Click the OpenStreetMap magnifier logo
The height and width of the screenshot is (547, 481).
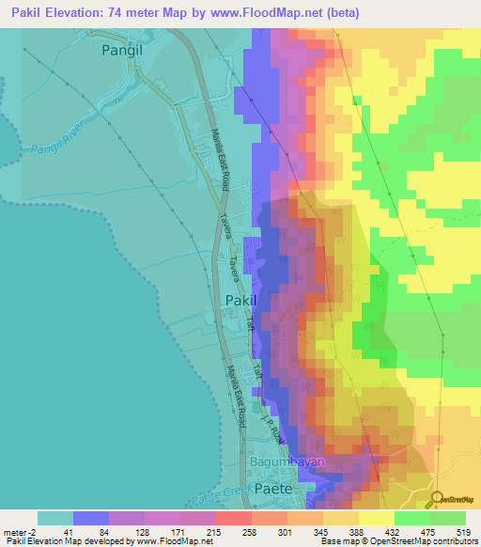tap(438, 499)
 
